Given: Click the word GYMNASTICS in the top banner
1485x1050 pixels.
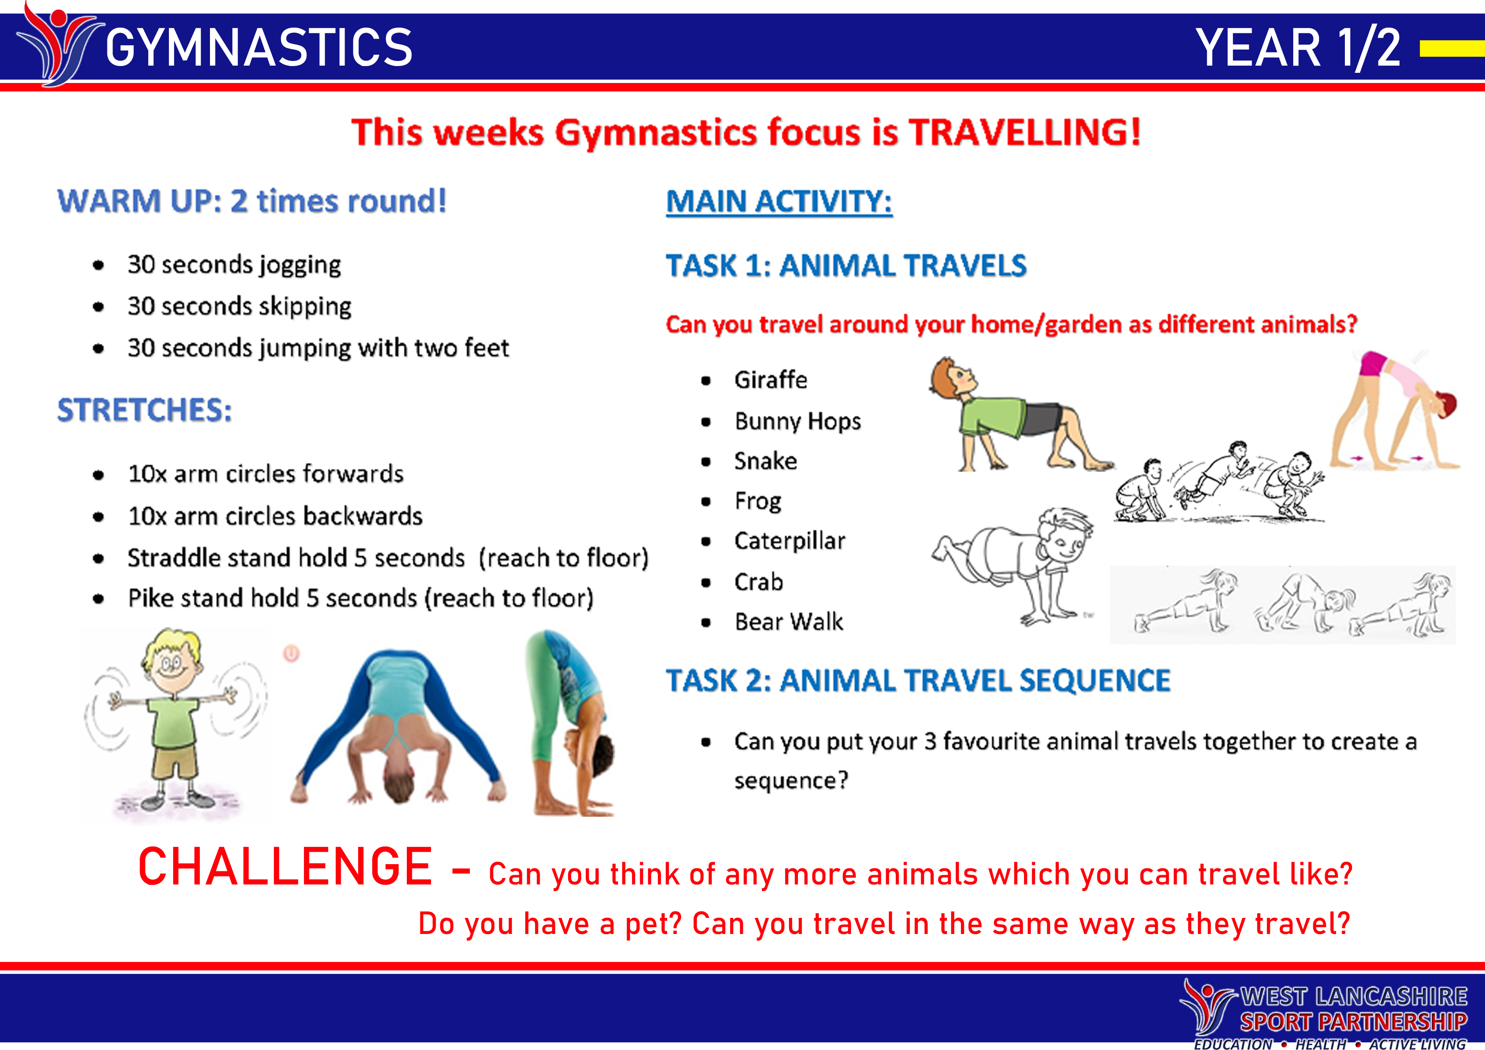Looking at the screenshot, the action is pyautogui.click(x=259, y=48).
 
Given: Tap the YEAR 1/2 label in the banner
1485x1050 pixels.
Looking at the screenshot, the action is pyautogui.click(x=1297, y=48).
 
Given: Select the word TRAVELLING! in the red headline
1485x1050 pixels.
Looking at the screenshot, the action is pyautogui.click(x=1024, y=133).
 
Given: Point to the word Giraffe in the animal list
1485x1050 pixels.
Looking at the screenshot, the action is pyautogui.click(x=770, y=380).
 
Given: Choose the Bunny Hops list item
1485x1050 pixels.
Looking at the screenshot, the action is pyautogui.click(x=798, y=421).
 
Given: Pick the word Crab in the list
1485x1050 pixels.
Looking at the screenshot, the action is pyautogui.click(x=758, y=582).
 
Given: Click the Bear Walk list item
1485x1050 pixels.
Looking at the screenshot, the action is pyautogui.click(x=788, y=622).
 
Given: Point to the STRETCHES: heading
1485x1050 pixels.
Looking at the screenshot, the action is pyautogui.click(x=144, y=410).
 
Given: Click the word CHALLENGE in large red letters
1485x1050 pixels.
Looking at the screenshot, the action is pyautogui.click(x=285, y=867).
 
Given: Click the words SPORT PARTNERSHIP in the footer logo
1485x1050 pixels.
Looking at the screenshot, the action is pyautogui.click(x=1353, y=1022).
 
